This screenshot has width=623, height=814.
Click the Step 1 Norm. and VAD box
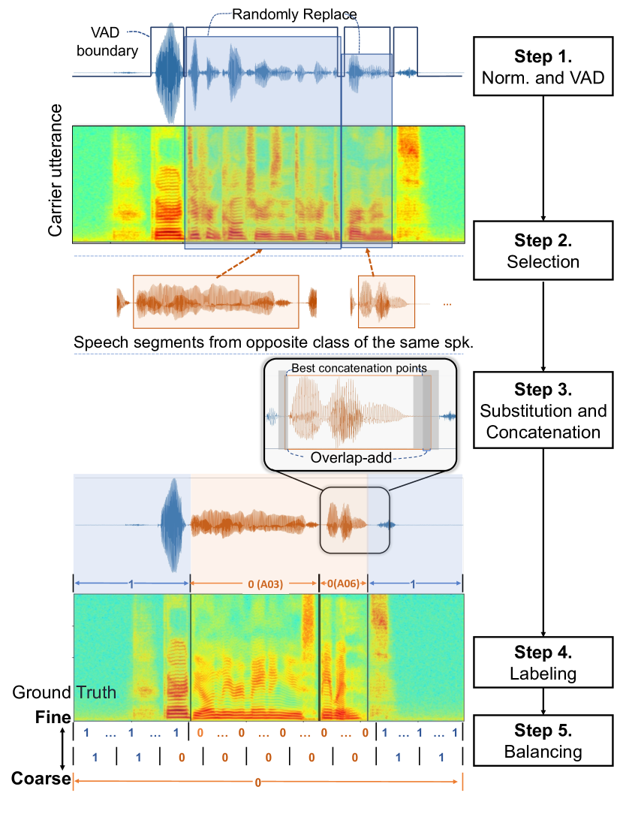point(543,66)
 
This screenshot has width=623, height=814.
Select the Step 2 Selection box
point(543,252)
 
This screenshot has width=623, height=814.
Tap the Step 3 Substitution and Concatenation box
point(543,411)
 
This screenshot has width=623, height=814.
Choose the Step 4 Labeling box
point(543,662)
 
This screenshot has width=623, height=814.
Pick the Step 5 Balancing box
point(543,740)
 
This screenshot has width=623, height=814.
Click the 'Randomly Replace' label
point(293,14)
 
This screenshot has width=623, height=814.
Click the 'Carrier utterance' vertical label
point(55,171)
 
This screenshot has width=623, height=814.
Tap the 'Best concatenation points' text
point(359,369)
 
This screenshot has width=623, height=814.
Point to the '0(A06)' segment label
point(344,583)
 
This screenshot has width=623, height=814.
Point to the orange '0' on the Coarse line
point(257,782)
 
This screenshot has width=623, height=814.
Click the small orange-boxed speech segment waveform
point(386,302)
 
